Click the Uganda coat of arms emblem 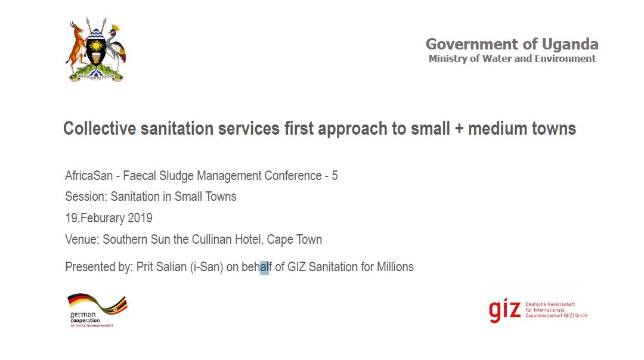95,49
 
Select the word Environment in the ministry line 565,58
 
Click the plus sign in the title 459,129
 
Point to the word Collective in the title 100,129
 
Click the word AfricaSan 89,176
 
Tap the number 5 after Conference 335,176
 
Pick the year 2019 140,218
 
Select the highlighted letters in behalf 265,267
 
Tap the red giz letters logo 504,311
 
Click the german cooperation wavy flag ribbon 97,303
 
